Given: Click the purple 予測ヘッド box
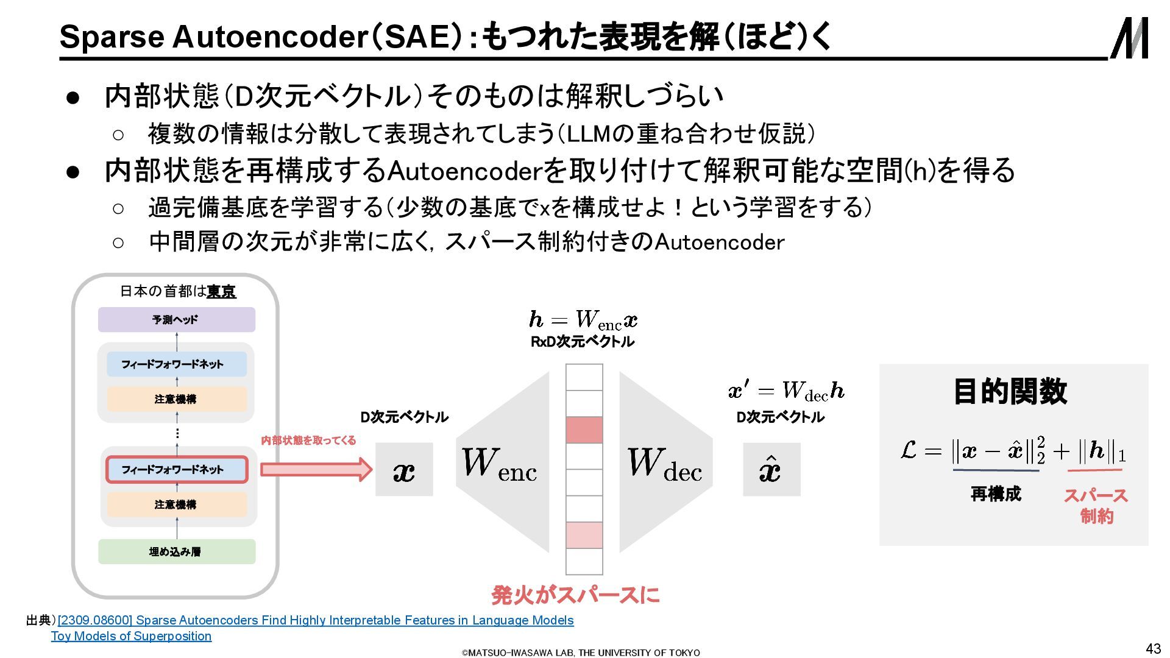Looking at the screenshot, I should pyautogui.click(x=176, y=319).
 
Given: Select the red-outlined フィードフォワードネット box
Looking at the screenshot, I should pyautogui.click(x=176, y=469).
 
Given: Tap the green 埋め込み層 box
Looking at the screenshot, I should pyautogui.click(x=176, y=551).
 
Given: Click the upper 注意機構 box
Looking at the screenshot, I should pyautogui.click(x=176, y=399).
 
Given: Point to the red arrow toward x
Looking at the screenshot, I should pyautogui.click(x=316, y=469).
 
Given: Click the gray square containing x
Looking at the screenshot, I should pyautogui.click(x=404, y=470).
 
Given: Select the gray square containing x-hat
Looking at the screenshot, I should pyautogui.click(x=771, y=470).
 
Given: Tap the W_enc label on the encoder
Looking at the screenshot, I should pyautogui.click(x=499, y=464).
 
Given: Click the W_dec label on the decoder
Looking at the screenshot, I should pyautogui.click(x=664, y=464).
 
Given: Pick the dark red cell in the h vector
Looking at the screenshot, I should pyautogui.click(x=584, y=430).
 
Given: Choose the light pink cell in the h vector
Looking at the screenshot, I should pyautogui.click(x=584, y=535).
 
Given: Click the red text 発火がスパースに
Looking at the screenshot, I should pyautogui.click(x=575, y=595).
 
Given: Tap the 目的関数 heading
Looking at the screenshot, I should pyautogui.click(x=1010, y=391).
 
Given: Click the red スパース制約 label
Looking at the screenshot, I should pyautogui.click(x=1096, y=506).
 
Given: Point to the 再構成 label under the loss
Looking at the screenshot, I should pyautogui.click(x=995, y=493).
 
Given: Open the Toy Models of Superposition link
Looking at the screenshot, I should pyautogui.click(x=131, y=636).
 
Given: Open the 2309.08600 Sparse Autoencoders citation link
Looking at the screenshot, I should pyautogui.click(x=316, y=620).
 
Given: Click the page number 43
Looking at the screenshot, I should pyautogui.click(x=1153, y=648).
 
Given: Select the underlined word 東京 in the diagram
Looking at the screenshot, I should pyautogui.click(x=221, y=291).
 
